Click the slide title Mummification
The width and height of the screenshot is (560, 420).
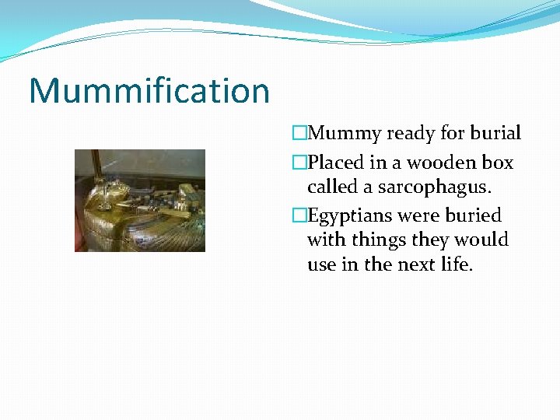[x=149, y=90]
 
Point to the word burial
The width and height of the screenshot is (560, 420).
[x=495, y=134]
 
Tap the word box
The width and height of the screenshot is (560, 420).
[x=497, y=163]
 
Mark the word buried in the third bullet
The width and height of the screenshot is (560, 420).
[x=472, y=215]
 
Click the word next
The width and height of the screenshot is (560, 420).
[x=411, y=264]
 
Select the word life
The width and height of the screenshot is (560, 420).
[x=455, y=264]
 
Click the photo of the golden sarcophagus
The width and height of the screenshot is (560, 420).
[x=140, y=201]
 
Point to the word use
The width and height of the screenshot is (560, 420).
[x=321, y=265]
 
